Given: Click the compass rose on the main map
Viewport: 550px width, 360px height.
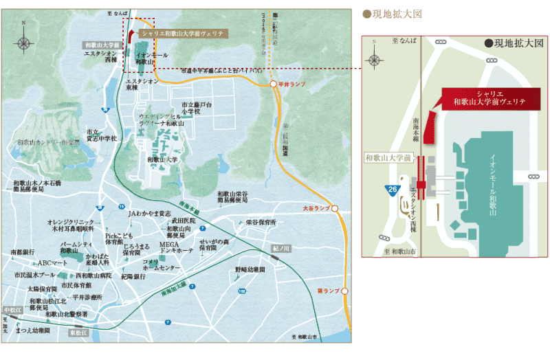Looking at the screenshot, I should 25,43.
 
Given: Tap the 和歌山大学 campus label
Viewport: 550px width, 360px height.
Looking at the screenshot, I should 162,159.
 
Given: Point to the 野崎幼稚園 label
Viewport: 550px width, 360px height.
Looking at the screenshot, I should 250,269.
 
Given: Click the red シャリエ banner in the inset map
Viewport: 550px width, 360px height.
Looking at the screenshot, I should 490,98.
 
